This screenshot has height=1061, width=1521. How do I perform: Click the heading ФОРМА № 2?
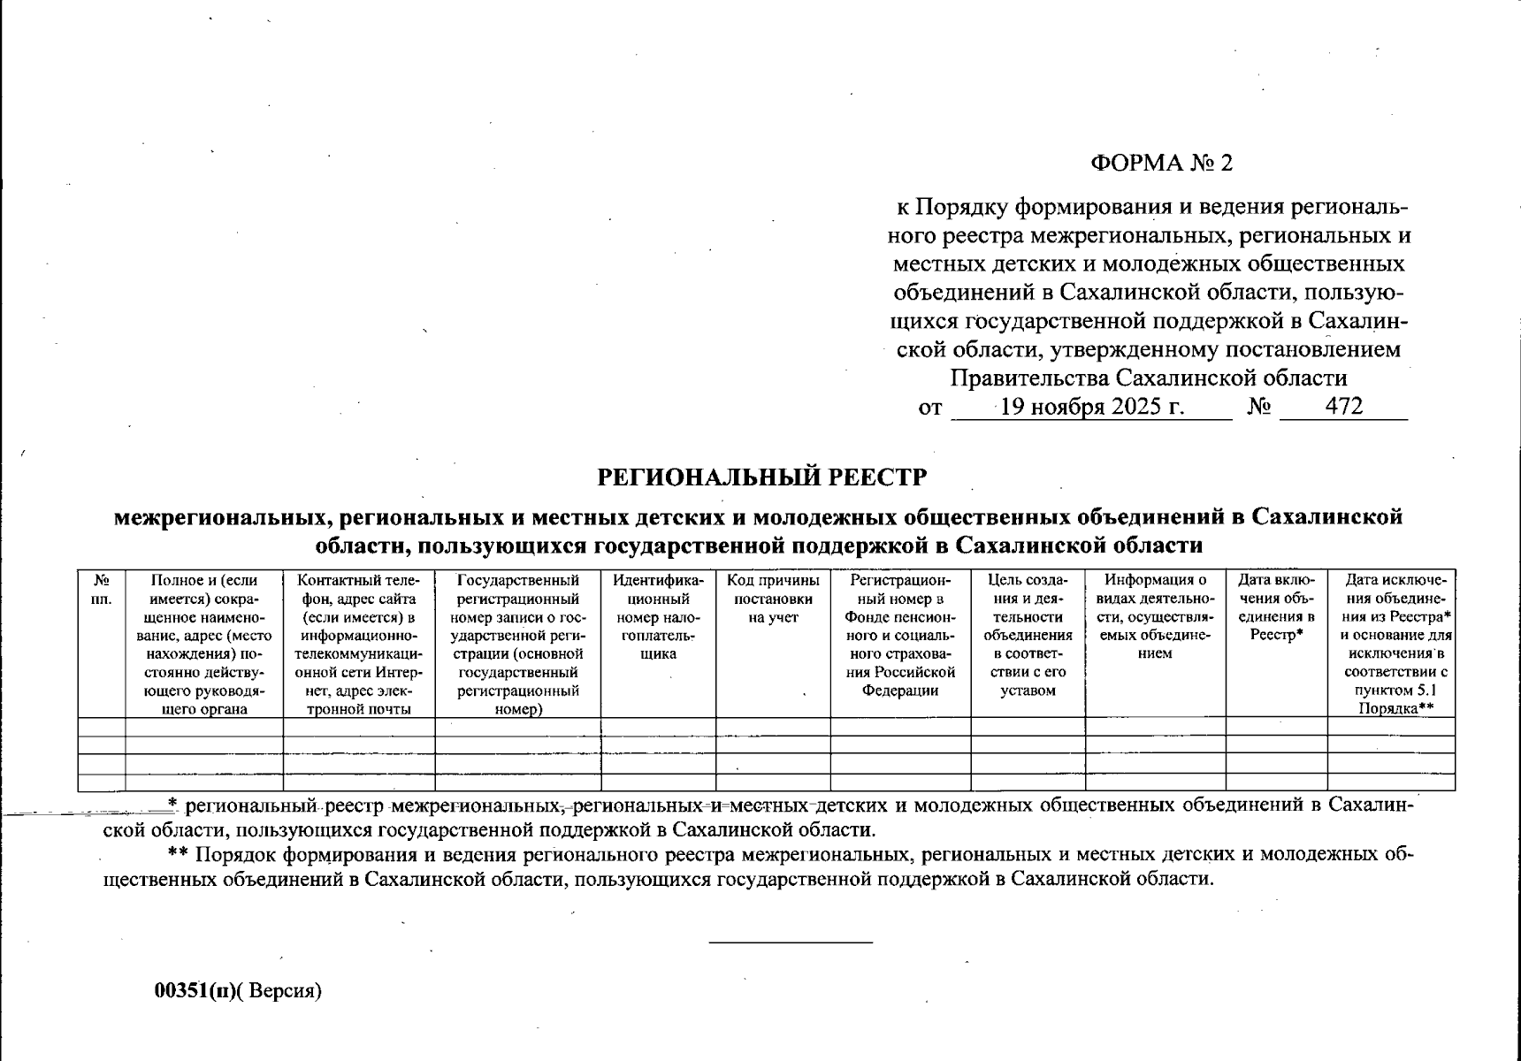click(1160, 163)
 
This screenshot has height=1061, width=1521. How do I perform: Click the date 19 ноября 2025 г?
click(1092, 407)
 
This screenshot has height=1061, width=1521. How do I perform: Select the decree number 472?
click(1344, 407)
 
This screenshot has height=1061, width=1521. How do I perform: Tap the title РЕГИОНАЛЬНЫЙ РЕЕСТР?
click(761, 477)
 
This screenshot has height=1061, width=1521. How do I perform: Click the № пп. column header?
click(102, 589)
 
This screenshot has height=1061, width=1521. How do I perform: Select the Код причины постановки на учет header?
click(773, 599)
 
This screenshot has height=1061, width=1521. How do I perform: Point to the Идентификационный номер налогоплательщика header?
click(658, 616)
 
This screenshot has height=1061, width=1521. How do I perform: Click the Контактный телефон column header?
click(358, 644)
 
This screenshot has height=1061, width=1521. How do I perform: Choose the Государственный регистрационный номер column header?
click(518, 644)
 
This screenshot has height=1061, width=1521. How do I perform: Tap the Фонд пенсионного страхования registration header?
click(900, 635)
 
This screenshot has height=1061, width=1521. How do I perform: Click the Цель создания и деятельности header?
click(1028, 635)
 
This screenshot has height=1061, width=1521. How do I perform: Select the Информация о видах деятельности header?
click(1155, 616)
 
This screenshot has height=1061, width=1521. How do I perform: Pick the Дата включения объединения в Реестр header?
click(1277, 607)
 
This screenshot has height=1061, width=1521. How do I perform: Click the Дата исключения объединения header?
click(1391, 644)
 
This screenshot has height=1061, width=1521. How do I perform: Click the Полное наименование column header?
click(204, 644)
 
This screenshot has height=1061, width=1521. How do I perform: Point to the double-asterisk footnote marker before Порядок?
click(179, 855)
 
